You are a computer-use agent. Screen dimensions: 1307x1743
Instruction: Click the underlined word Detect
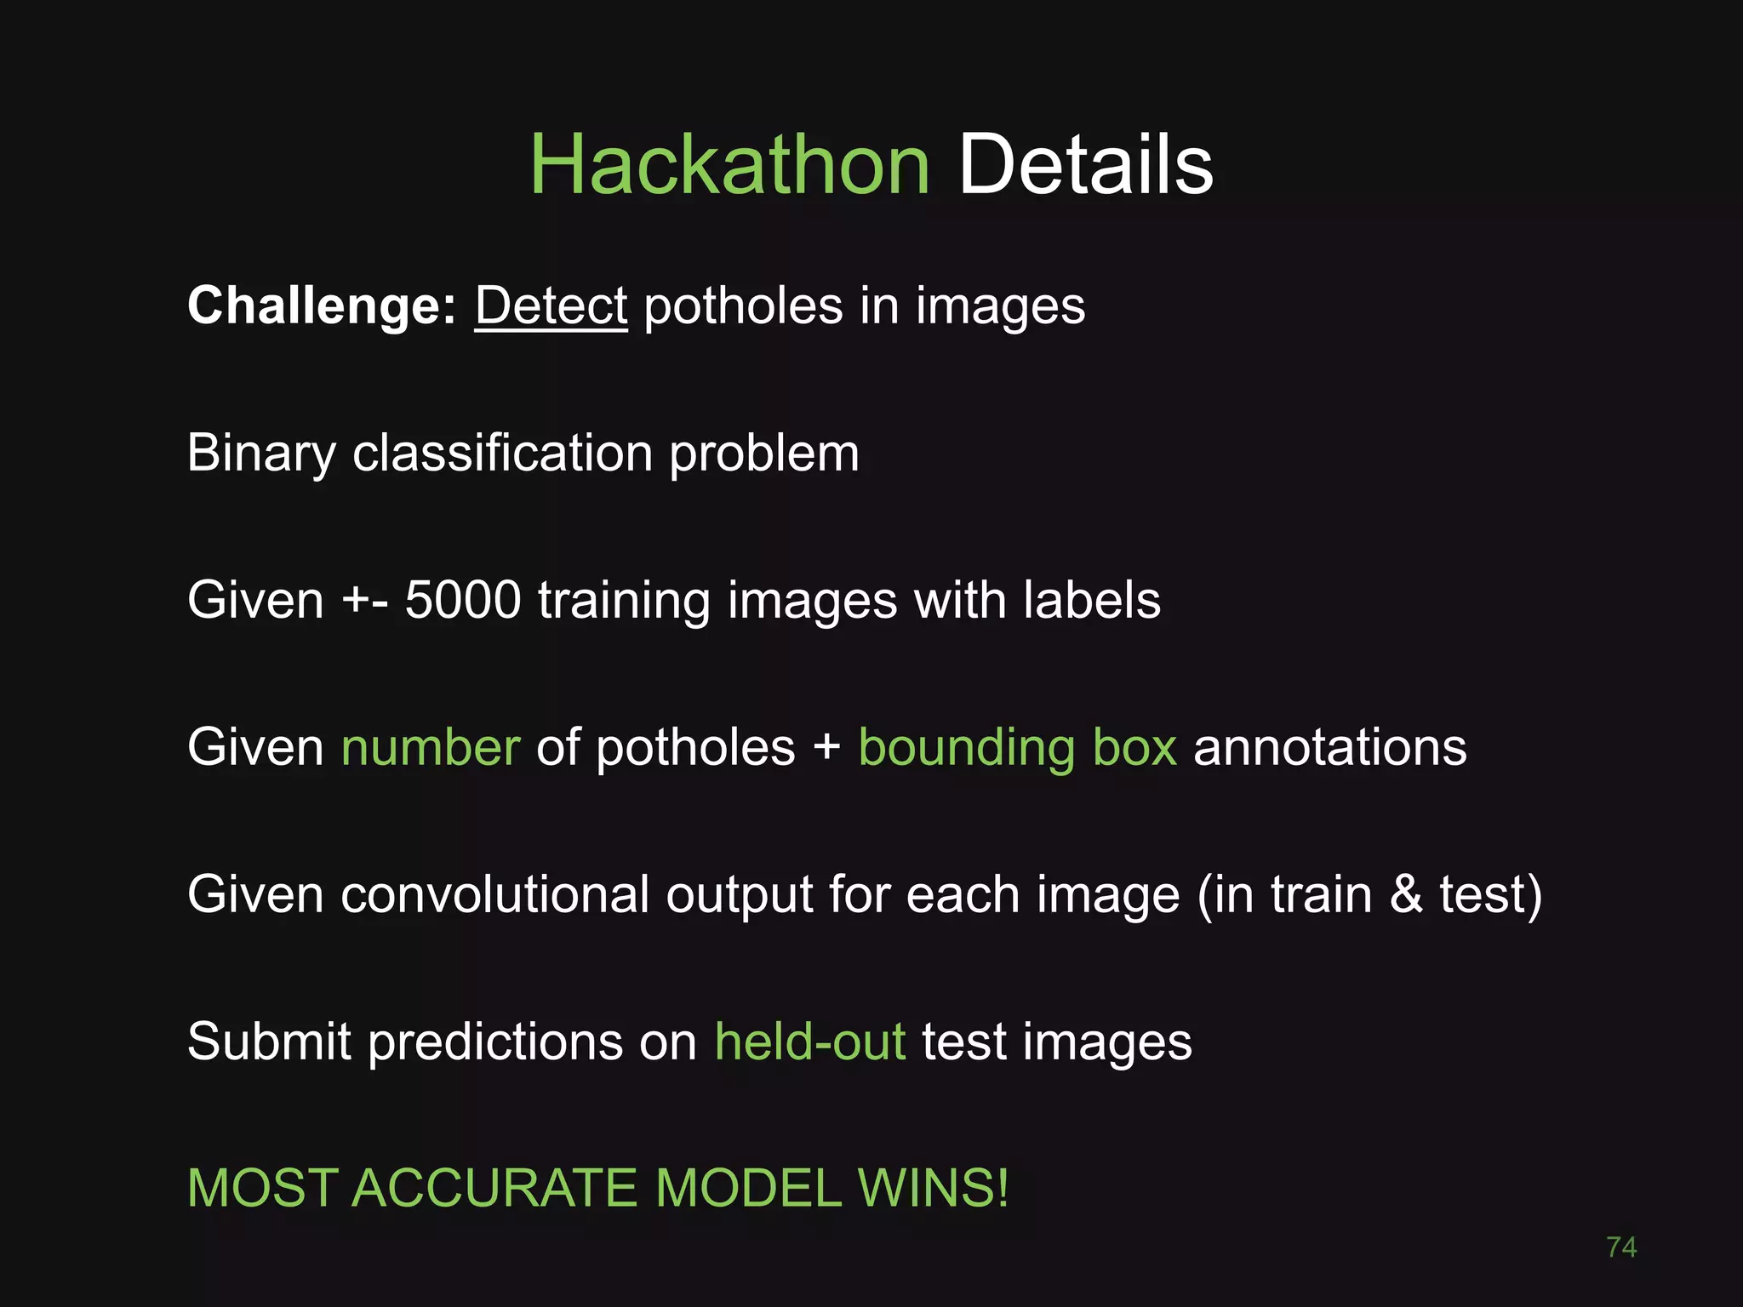551,305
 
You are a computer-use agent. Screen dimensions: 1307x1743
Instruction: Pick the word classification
502,454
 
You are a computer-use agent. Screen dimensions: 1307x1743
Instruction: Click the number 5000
462,600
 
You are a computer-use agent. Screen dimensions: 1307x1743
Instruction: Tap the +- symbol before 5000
365,600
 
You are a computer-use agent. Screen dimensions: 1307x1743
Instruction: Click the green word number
431,747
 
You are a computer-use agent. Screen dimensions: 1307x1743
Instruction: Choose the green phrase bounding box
1018,747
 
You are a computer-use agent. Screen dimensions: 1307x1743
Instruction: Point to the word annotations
1330,747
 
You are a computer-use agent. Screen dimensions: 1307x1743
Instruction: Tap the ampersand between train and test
1406,894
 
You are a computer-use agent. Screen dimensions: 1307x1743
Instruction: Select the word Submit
269,1042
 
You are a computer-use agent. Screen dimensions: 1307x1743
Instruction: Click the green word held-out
810,1042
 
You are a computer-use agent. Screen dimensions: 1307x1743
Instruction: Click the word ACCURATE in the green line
494,1188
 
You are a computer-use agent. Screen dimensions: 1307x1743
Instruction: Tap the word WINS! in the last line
934,1188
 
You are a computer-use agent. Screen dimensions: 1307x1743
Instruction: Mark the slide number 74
1621,1247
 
